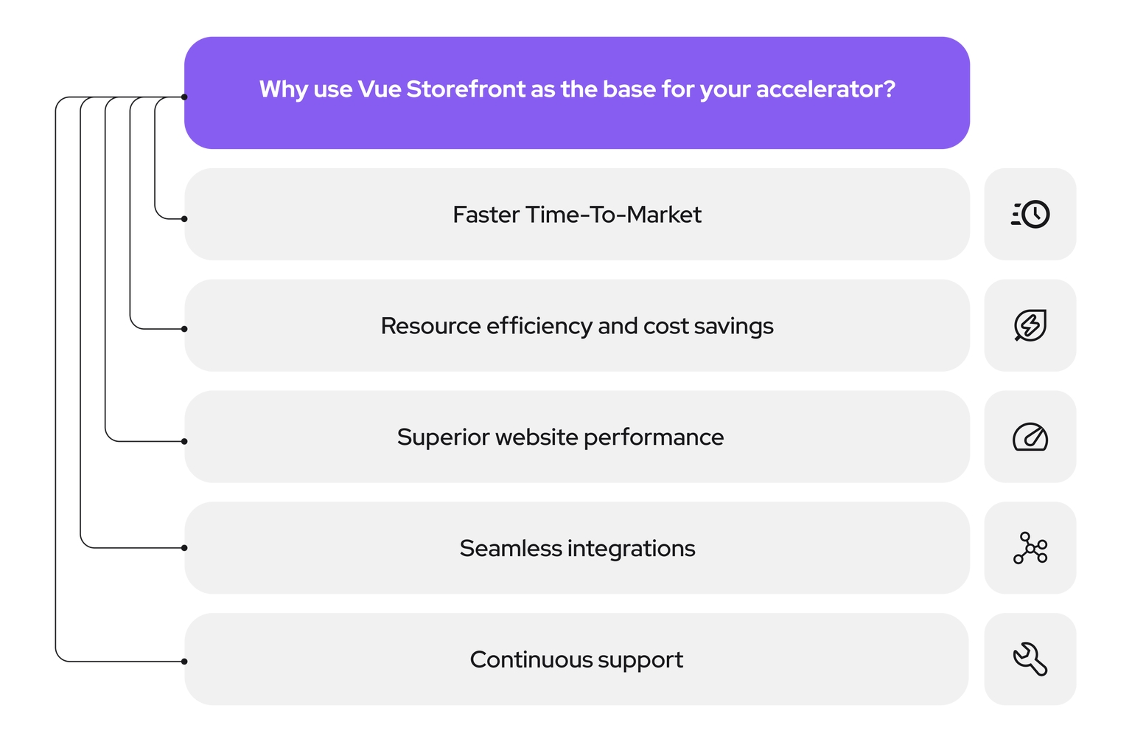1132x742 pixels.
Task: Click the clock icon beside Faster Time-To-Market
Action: (x=1031, y=215)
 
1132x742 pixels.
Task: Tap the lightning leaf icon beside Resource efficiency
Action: (x=1030, y=325)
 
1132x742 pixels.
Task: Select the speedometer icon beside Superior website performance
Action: (x=1030, y=437)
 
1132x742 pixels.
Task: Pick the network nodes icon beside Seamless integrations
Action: (x=1030, y=548)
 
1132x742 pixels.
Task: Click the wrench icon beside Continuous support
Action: (x=1030, y=659)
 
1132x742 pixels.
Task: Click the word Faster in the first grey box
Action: (x=486, y=215)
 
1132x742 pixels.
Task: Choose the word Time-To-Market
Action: (x=613, y=215)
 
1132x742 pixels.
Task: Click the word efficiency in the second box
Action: (x=539, y=326)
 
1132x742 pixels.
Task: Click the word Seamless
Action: (x=510, y=548)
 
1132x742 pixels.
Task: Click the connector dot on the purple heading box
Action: (x=184, y=97)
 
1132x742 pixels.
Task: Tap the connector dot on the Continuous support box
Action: (x=184, y=661)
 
